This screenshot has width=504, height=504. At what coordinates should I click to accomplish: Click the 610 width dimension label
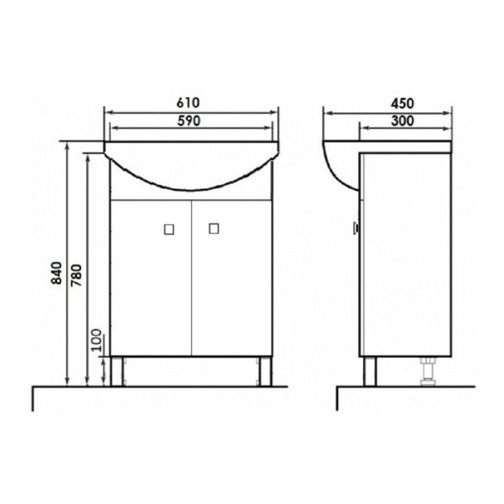click(x=188, y=103)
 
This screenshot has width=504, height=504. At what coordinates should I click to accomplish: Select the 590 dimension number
click(x=189, y=121)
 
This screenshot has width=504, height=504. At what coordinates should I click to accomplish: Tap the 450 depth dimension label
click(x=402, y=104)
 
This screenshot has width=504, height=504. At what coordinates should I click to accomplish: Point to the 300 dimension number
click(x=403, y=121)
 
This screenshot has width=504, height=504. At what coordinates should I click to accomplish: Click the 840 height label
click(x=57, y=273)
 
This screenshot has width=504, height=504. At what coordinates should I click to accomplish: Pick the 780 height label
click(x=77, y=275)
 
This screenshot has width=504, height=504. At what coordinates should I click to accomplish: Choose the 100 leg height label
click(x=96, y=340)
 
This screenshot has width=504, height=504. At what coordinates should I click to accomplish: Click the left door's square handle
click(x=169, y=230)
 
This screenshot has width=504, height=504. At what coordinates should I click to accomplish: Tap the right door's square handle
click(x=214, y=229)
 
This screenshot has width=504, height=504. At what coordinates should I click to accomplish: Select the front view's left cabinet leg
click(x=116, y=371)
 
